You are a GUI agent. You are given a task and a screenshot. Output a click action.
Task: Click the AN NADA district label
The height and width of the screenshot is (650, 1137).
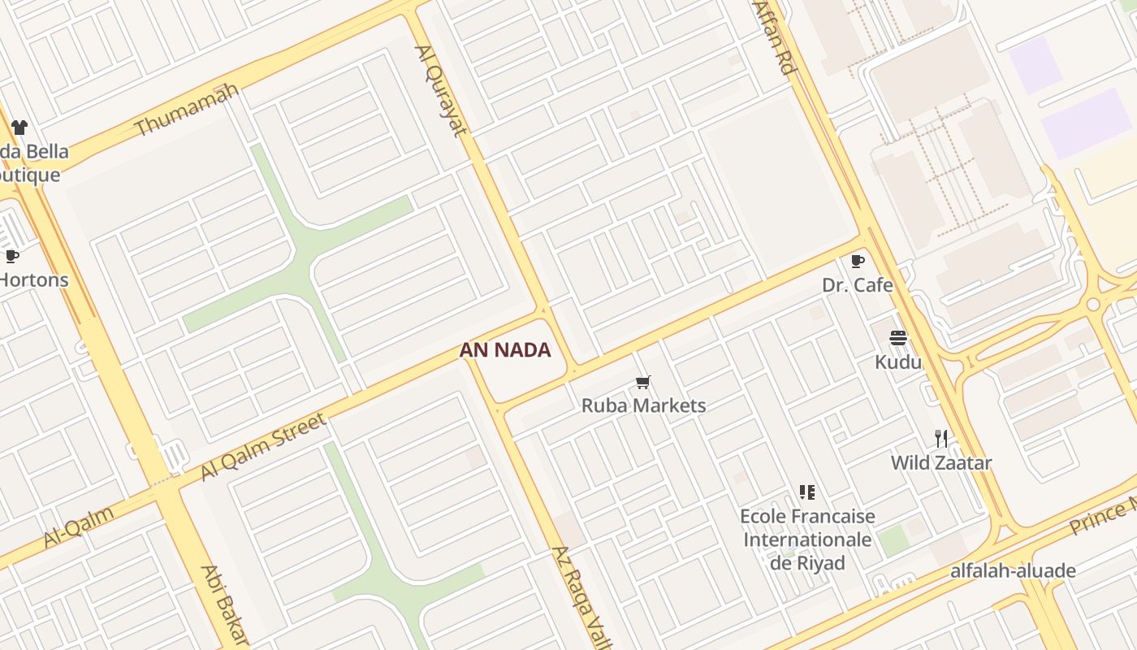[x=505, y=350]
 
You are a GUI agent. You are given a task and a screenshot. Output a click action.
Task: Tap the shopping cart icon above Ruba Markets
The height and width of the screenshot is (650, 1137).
[x=643, y=382]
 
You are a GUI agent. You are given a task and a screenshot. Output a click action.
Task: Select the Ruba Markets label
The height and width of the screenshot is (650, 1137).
[x=643, y=405]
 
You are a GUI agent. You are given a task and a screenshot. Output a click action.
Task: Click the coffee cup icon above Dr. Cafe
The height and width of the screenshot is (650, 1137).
[x=857, y=261]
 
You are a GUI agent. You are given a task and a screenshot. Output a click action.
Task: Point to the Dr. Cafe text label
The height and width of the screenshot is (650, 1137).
[x=857, y=285]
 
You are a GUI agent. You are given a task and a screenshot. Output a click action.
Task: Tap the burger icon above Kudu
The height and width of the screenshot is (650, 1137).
[x=898, y=338]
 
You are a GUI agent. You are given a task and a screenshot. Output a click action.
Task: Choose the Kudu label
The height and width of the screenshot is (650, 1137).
[x=898, y=362]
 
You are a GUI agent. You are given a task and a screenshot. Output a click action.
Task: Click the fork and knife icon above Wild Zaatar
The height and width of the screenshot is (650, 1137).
[x=941, y=439]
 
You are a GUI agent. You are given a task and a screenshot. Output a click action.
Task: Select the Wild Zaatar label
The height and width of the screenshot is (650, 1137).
[x=941, y=463]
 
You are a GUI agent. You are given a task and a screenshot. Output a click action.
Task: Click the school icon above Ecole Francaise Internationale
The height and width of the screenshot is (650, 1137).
[x=806, y=492]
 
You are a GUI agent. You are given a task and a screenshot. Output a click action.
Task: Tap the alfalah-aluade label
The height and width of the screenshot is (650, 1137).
[x=1014, y=570]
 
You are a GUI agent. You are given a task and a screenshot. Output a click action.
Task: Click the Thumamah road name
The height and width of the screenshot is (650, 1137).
[x=186, y=110]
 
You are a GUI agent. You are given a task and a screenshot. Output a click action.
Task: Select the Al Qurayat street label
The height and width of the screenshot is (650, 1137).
[x=442, y=90]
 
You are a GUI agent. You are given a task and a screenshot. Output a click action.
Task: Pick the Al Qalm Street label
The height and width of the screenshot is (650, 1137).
[x=263, y=445]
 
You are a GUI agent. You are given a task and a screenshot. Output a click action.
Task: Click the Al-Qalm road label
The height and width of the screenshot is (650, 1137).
[x=79, y=526]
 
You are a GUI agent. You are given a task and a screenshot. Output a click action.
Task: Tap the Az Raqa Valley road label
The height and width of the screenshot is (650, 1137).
[x=581, y=597]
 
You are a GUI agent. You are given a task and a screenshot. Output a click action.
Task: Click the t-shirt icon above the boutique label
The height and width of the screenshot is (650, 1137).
[x=19, y=128]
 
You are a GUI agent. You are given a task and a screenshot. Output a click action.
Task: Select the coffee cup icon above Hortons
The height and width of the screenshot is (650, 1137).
[x=12, y=257]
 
